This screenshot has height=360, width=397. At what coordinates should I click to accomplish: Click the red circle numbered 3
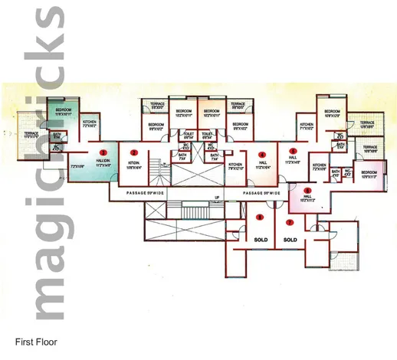(103, 152)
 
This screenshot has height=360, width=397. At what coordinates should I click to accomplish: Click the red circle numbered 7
(289, 223)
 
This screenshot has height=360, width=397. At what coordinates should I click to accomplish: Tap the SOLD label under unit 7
(290, 240)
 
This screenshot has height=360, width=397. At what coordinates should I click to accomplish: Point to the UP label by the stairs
(216, 198)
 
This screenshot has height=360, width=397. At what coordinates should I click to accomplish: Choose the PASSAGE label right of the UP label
(264, 193)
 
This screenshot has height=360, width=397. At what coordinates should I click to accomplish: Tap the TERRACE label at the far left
(31, 135)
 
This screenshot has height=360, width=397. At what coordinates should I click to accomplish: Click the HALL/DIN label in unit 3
(103, 161)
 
